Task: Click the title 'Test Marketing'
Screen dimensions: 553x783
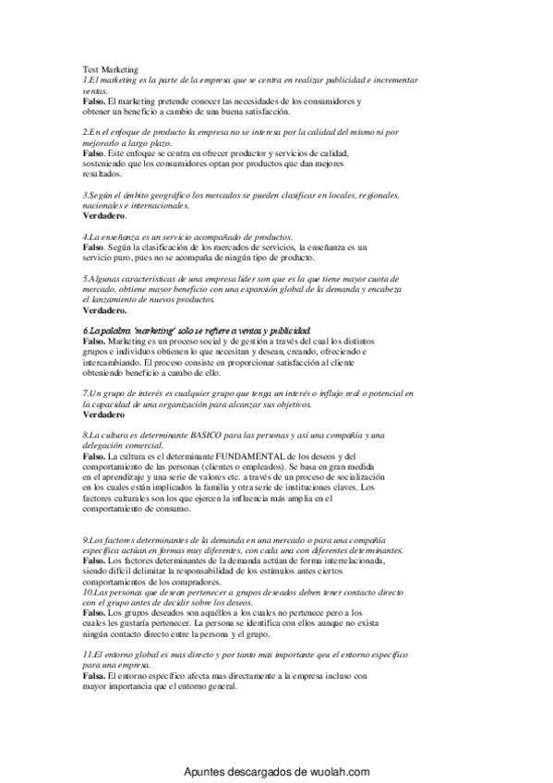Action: [x=110, y=69]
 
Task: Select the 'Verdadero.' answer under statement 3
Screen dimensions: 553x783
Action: [x=104, y=215]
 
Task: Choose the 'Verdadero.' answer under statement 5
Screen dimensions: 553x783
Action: [x=104, y=311]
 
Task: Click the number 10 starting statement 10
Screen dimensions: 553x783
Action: [x=88, y=592]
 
